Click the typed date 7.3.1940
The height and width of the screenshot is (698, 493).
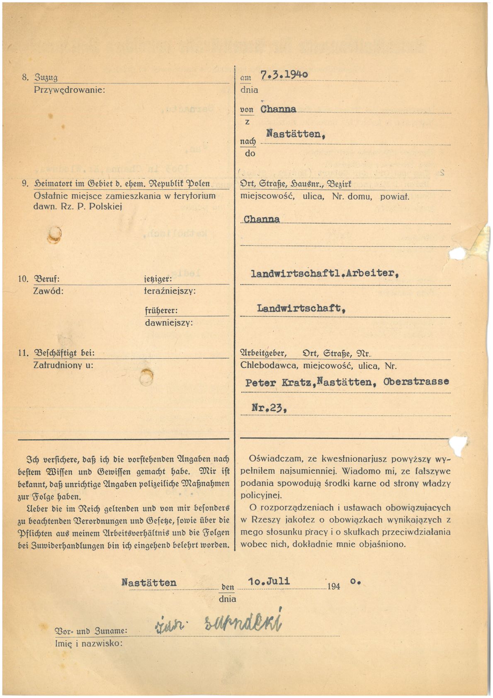tap(284, 75)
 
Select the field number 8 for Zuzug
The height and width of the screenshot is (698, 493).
tap(25, 78)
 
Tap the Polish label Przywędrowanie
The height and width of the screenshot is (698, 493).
tap(69, 89)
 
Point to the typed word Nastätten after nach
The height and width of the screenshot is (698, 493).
tap(295, 134)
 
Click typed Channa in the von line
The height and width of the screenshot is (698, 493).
tap(278, 109)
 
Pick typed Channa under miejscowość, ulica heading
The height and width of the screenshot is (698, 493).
tap(262, 219)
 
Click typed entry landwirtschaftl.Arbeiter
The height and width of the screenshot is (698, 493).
tap(325, 273)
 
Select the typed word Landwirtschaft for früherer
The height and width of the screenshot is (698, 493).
tap(301, 308)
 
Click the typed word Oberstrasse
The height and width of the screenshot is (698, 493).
tap(416, 381)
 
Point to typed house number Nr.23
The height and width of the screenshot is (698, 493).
tap(269, 407)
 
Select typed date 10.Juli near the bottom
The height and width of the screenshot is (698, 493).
tap(269, 581)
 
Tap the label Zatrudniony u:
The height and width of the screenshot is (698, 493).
tap(63, 365)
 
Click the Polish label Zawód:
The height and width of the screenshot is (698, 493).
tap(48, 291)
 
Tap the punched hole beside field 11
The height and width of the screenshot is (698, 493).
tap(146, 377)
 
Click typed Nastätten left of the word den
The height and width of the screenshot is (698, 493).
tap(149, 583)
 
